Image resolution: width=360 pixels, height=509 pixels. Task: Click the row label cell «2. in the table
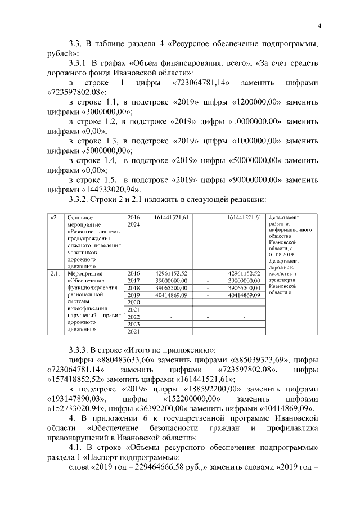pos(54,217)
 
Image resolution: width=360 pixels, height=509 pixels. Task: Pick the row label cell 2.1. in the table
pos(55,273)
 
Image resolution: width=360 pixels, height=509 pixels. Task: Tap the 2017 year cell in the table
pos(133,280)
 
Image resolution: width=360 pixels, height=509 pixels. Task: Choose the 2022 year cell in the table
pos(133,317)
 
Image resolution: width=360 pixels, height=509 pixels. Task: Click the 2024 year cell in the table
pos(133,331)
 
